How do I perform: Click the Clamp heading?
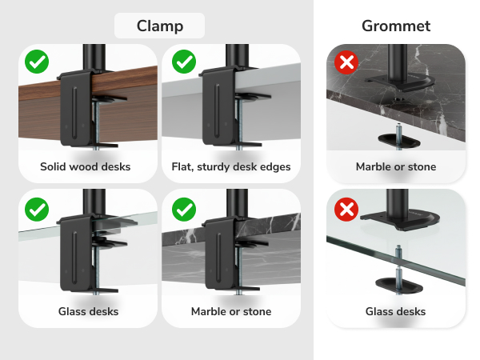coord(159,26)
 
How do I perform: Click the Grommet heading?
coord(396,26)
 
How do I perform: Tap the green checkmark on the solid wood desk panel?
coord(36,61)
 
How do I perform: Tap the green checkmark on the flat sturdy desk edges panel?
coord(185,61)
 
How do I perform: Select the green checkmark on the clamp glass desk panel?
coord(36,210)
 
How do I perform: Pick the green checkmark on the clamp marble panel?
coord(185,210)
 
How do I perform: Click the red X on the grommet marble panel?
coord(346,62)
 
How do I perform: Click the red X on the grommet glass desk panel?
coord(346,210)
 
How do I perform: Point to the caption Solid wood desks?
coord(86,167)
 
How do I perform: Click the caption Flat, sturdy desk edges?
coord(231,167)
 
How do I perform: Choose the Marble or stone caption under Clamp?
coord(231,311)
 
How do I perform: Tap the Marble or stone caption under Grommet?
coord(396,167)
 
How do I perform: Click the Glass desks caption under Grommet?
coord(396,311)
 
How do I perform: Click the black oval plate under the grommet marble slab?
coord(398,139)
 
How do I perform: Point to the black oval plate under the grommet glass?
coord(398,284)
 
